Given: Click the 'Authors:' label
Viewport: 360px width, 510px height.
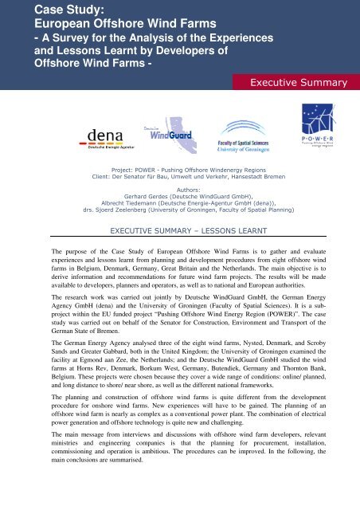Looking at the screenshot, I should (180, 192).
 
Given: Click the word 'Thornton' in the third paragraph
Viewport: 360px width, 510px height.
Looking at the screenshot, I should (311, 375).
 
